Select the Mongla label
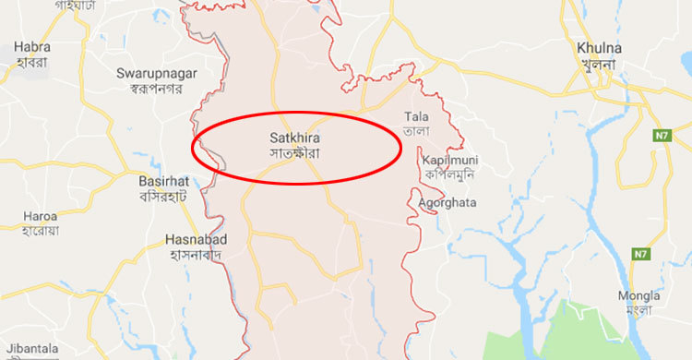(x=640, y=295)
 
